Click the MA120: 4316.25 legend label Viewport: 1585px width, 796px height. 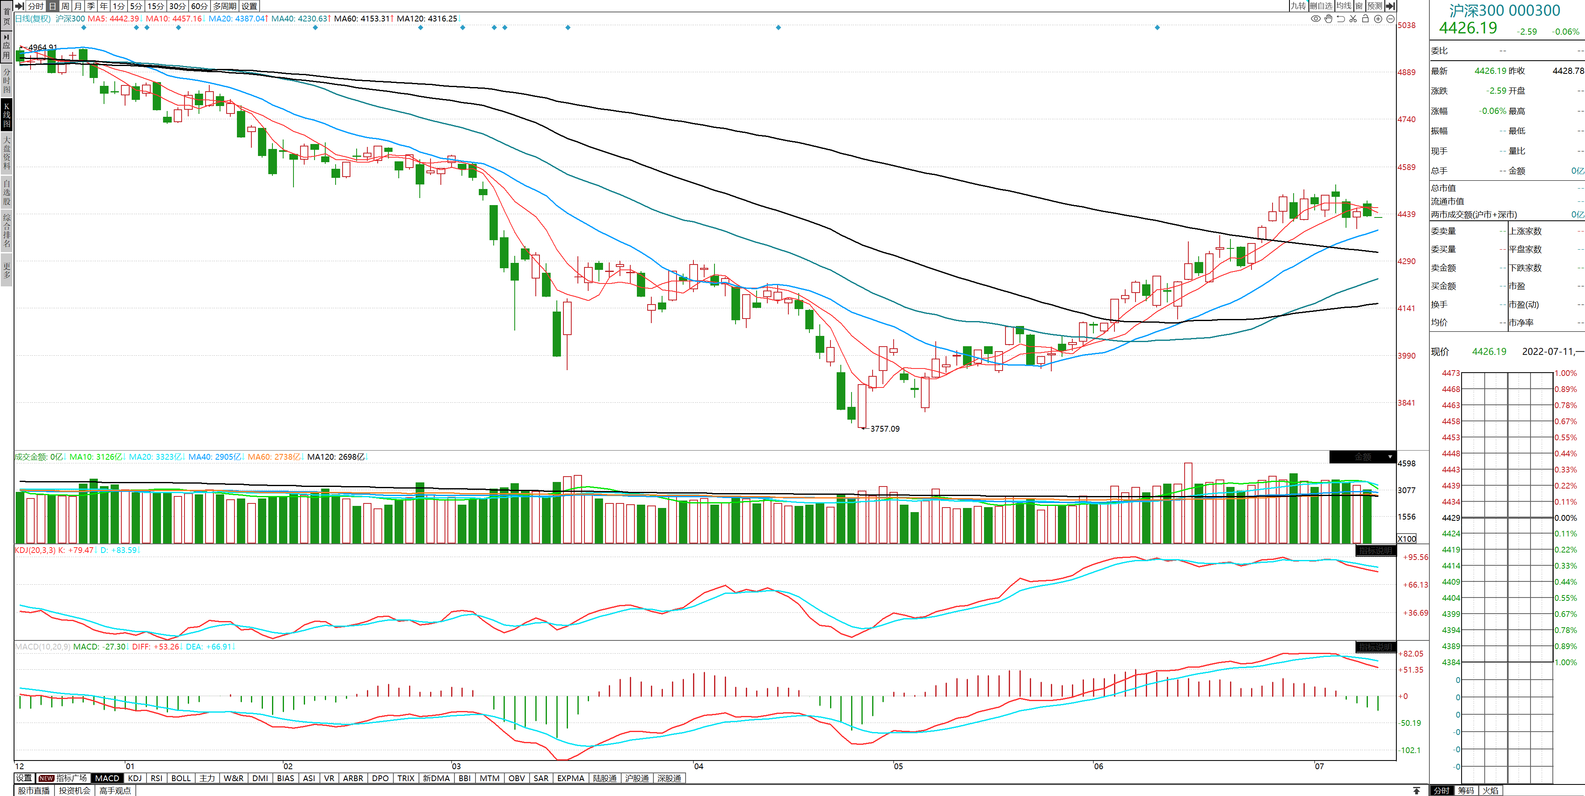[x=427, y=19]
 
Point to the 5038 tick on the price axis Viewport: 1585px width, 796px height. [x=1407, y=25]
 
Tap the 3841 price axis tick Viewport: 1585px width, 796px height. [x=1407, y=403]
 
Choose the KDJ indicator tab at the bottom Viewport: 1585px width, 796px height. [x=134, y=778]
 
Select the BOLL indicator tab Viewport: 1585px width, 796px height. [x=181, y=778]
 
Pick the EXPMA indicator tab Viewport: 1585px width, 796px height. [x=570, y=778]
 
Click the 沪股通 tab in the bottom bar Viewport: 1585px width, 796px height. [x=637, y=778]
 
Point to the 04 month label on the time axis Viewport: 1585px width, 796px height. [x=698, y=766]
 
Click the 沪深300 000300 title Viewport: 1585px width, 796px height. [x=1505, y=10]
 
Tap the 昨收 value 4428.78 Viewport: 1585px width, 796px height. [x=1568, y=71]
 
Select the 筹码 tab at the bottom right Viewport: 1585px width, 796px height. [x=1466, y=791]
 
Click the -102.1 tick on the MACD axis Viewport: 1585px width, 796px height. [x=1410, y=750]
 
